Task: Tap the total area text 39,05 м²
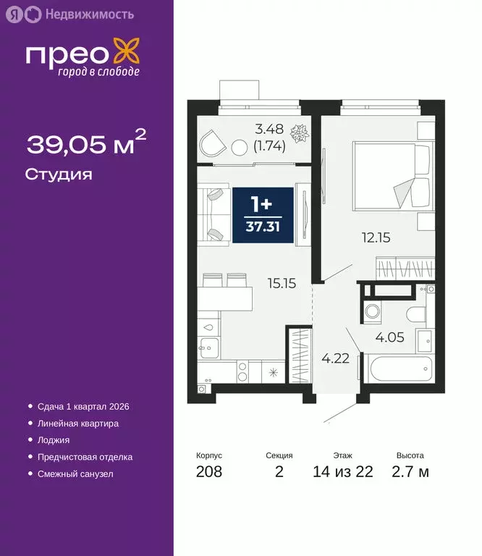pos(86,143)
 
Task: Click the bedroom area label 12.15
pos(376,236)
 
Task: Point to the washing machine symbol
pos(374,313)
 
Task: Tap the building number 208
pos(209,473)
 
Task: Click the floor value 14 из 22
pos(343,473)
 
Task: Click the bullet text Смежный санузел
pos(75,473)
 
